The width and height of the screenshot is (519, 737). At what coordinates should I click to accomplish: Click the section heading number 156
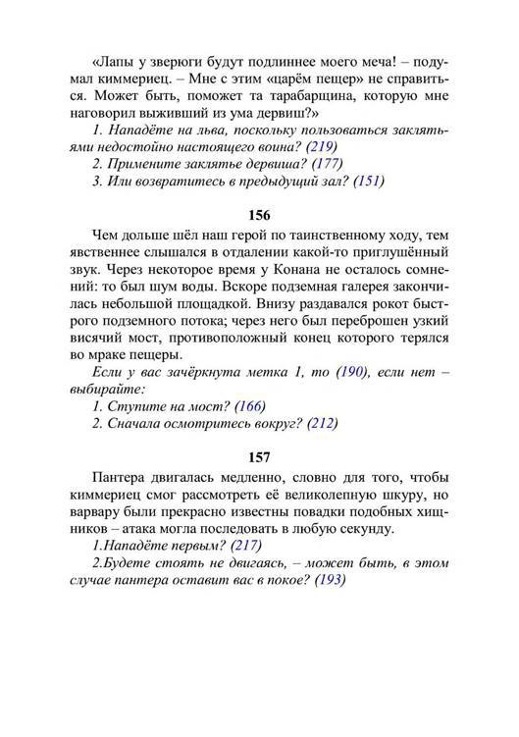click(x=259, y=214)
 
